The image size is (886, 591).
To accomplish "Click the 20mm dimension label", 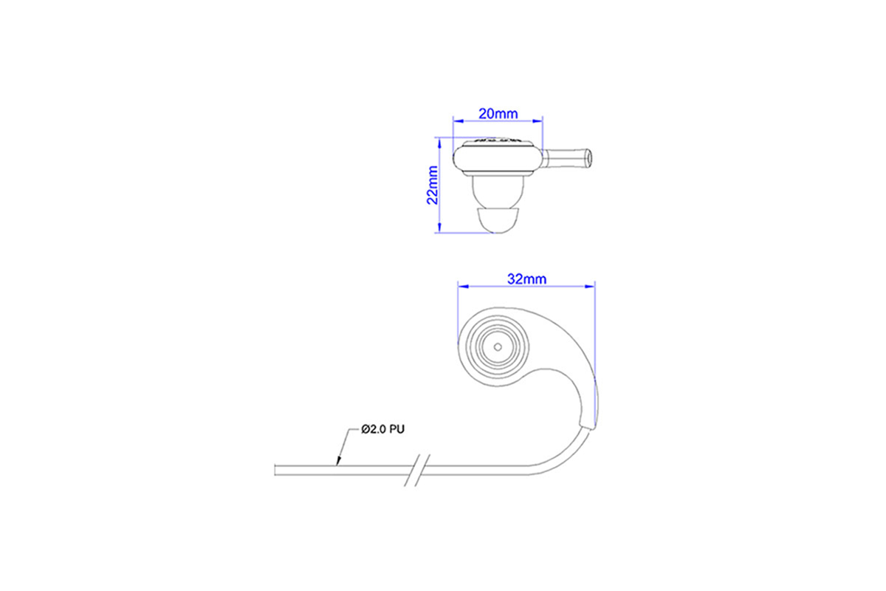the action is [498, 114].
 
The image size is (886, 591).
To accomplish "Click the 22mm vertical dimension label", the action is [433, 185].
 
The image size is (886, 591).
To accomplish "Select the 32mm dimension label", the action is [527, 279].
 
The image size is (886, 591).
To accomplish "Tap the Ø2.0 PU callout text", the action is [382, 429].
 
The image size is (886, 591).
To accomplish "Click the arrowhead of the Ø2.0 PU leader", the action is [338, 461].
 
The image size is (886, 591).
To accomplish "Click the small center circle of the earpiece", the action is [498, 347].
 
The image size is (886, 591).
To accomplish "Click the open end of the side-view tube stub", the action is [589, 157].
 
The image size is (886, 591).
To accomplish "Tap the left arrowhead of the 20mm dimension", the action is [458, 121].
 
